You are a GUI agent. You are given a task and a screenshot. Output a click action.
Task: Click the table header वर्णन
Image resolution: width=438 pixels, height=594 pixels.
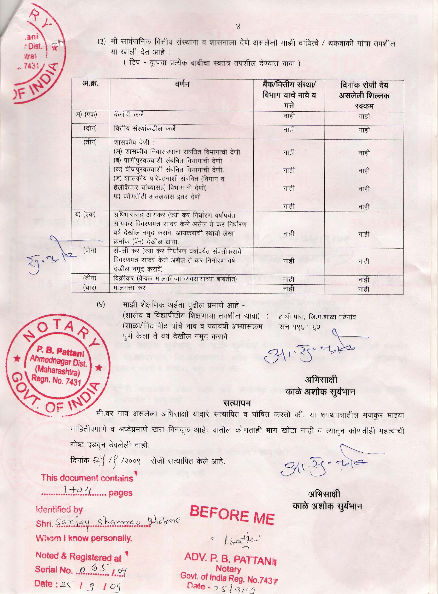[x=182, y=85]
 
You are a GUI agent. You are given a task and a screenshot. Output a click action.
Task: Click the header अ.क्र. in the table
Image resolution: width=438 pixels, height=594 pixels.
[x=90, y=85]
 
